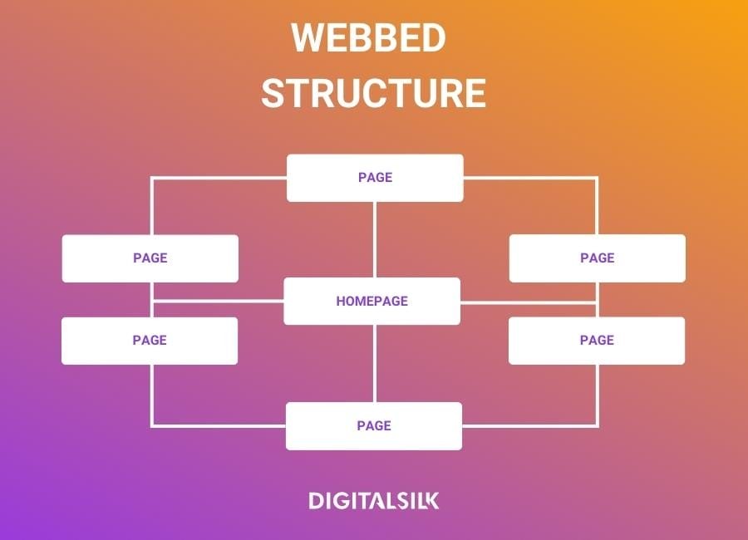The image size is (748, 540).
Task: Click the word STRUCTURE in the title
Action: point(373,93)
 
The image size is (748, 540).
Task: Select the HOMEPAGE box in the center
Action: point(372,301)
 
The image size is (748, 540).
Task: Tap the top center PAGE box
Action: point(375,178)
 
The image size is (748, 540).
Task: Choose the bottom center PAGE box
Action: point(374,426)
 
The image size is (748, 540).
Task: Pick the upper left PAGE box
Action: point(150,258)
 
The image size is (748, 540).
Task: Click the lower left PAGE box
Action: point(150,341)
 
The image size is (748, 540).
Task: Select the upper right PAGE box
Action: point(597,258)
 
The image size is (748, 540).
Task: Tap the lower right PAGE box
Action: point(597,341)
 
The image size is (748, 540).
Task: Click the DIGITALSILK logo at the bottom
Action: point(374,501)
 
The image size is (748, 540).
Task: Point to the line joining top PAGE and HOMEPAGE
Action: point(375,239)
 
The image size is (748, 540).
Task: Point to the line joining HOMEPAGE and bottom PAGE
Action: point(375,363)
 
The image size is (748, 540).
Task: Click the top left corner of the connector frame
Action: point(151,178)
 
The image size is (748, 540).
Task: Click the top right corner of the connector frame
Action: point(597,178)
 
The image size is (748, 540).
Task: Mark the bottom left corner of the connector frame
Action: point(151,426)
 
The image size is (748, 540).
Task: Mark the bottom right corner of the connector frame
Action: point(597,426)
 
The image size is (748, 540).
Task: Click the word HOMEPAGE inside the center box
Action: point(372,302)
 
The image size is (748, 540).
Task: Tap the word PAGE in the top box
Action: point(375,178)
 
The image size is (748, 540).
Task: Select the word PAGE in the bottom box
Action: point(374,426)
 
